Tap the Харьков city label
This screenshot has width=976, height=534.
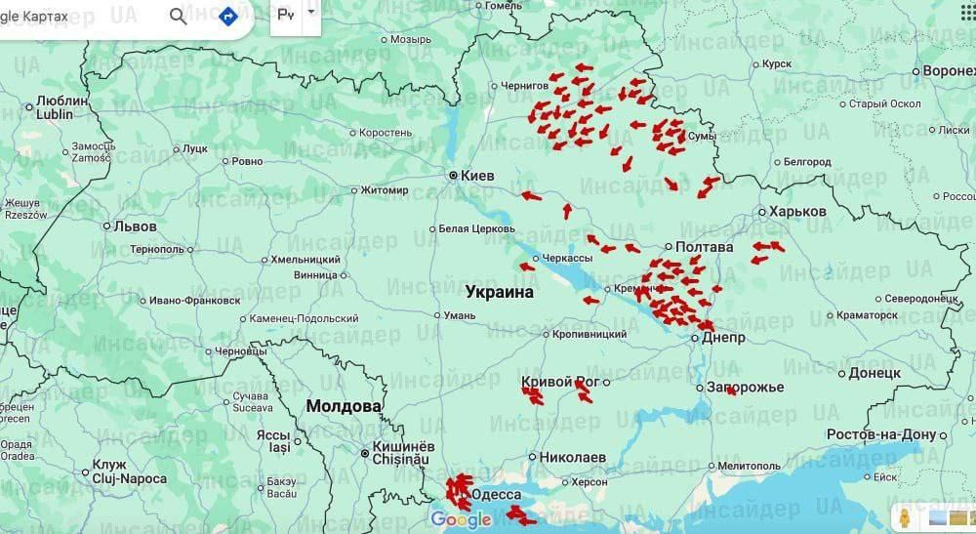tap(797, 211)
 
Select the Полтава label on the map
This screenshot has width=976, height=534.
tap(704, 247)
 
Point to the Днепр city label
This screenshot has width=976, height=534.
tap(723, 337)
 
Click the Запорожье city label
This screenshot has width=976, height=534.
tap(751, 388)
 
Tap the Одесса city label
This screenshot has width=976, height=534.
tap(496, 495)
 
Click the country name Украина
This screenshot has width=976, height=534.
tap(500, 292)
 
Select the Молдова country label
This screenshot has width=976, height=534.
tap(344, 405)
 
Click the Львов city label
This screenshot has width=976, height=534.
tap(135, 226)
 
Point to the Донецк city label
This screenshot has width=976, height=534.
tap(874, 372)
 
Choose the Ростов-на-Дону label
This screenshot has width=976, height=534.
tap(881, 434)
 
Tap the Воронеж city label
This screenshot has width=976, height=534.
tap(949, 71)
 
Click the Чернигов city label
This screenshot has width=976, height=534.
tap(524, 86)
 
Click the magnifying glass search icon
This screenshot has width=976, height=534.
tap(179, 17)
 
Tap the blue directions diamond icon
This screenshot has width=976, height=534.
tap(227, 17)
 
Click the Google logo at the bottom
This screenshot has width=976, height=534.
tap(460, 519)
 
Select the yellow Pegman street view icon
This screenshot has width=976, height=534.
tap(905, 517)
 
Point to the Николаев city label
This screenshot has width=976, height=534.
tap(574, 457)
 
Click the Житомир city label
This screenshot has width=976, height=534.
tap(385, 189)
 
